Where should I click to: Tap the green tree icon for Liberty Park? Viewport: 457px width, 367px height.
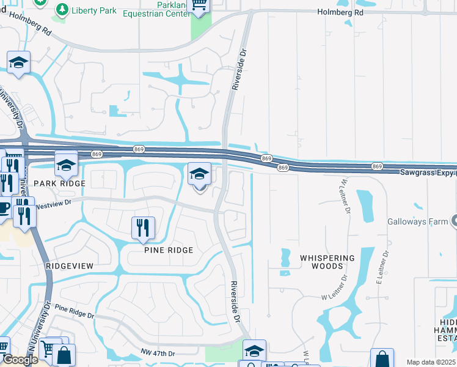(x=62, y=9)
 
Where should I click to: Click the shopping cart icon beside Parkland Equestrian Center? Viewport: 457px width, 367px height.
(x=199, y=5)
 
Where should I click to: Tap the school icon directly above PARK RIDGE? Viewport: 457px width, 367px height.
(x=66, y=164)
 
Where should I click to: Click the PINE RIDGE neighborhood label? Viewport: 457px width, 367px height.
(x=169, y=250)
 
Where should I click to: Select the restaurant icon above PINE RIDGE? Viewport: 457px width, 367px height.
(x=144, y=228)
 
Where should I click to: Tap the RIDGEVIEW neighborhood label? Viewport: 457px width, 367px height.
(x=70, y=266)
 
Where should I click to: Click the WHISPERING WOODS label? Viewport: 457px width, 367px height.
(x=327, y=262)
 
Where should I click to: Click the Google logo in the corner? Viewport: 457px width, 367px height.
(x=20, y=360)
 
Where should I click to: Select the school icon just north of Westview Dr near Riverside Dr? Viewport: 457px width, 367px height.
(x=199, y=175)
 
